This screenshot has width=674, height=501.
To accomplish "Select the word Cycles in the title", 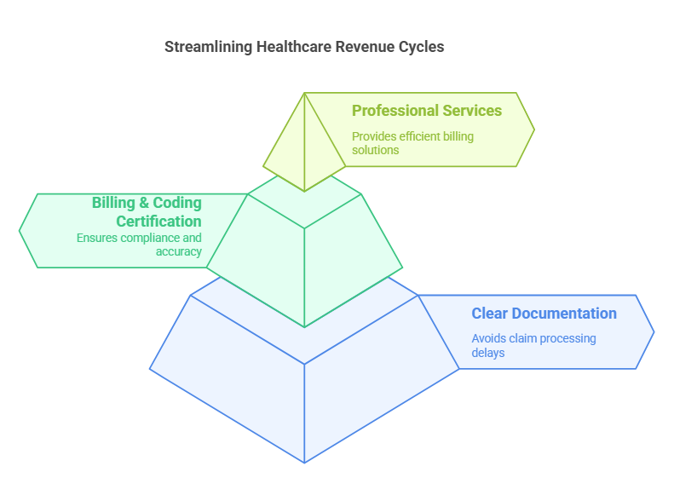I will pyautogui.click(x=421, y=47).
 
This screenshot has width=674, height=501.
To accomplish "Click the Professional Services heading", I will pyautogui.click(x=427, y=111).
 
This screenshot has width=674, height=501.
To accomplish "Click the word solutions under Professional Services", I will pyautogui.click(x=375, y=150).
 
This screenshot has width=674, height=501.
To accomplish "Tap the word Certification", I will pyautogui.click(x=158, y=222).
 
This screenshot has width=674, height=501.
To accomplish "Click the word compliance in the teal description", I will pyautogui.click(x=147, y=239).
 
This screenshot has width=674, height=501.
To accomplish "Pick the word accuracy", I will pyautogui.click(x=178, y=251).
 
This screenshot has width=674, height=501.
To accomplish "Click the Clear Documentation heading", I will pyautogui.click(x=544, y=314).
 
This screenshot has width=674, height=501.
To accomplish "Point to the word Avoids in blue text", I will pyautogui.click(x=489, y=338).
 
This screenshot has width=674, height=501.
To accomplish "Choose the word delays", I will pyautogui.click(x=488, y=352).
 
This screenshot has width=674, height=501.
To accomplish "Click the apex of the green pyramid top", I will pyautogui.click(x=304, y=93).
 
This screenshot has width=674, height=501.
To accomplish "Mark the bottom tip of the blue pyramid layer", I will pyautogui.click(x=304, y=463).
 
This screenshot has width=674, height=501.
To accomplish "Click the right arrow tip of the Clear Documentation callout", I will pyautogui.click(x=654, y=331).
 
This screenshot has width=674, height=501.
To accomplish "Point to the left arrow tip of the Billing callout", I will pyautogui.click(x=20, y=230).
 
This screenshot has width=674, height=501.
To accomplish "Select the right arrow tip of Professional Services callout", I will pyautogui.click(x=534, y=130).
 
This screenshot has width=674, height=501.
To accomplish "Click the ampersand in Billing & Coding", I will pyautogui.click(x=144, y=203).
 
